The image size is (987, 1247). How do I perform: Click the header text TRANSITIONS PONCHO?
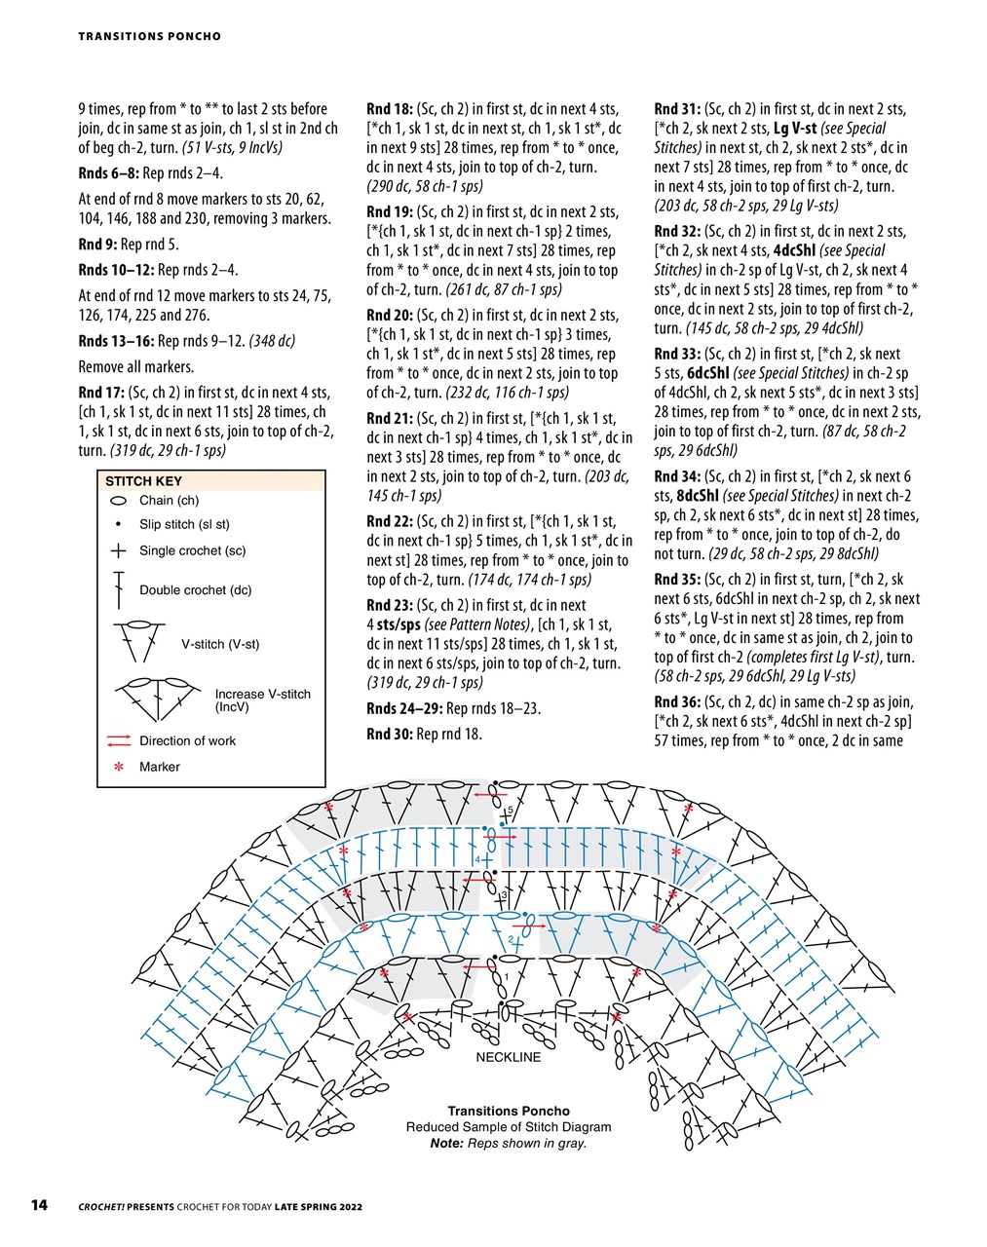(149, 36)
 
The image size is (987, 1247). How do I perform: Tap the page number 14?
(39, 1206)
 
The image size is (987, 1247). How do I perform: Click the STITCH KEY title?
(143, 481)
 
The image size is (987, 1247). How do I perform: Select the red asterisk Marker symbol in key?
(119, 768)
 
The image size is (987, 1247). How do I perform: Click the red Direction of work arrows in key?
(118, 740)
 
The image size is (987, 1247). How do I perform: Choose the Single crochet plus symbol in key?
(118, 550)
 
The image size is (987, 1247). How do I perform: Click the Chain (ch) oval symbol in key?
(118, 501)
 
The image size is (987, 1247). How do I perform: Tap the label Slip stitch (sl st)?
(184, 524)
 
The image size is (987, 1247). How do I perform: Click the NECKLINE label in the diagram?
(508, 1057)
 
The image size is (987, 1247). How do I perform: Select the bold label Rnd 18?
(390, 109)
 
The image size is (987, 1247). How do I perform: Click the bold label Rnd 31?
(677, 109)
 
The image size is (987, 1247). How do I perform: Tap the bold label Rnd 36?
(677, 702)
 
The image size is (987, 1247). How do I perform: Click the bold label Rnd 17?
(101, 393)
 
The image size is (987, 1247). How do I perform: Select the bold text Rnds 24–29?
(403, 708)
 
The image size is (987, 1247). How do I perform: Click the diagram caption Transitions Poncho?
(509, 1111)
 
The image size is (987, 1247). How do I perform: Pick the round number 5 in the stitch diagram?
(510, 811)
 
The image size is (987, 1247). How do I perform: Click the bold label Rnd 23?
(390, 605)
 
